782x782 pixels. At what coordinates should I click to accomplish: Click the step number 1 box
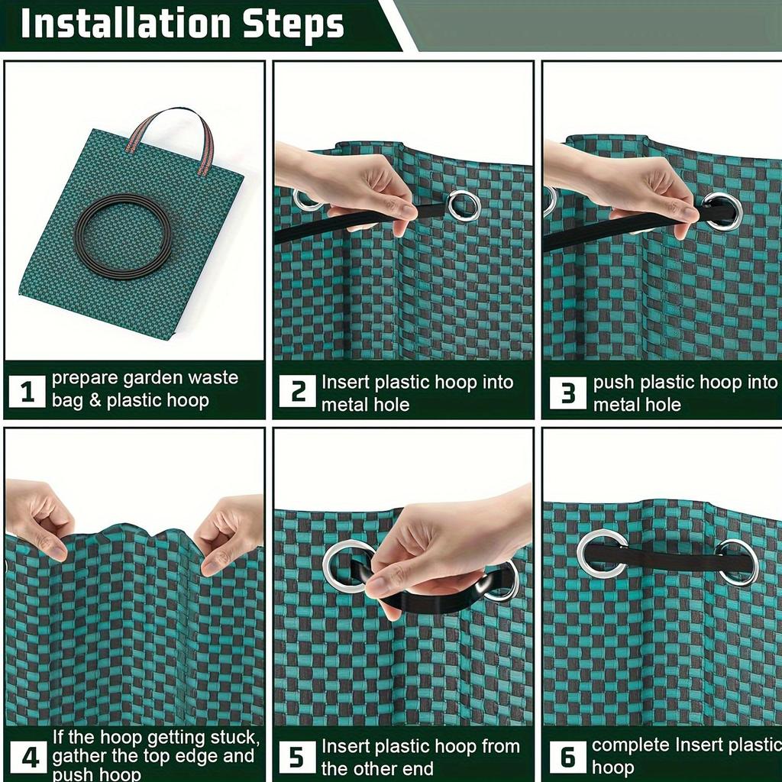tap(27, 393)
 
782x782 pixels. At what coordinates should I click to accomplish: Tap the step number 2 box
tap(297, 393)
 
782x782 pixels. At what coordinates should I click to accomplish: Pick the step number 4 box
tap(28, 757)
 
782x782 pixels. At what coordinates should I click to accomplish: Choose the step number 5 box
tap(297, 757)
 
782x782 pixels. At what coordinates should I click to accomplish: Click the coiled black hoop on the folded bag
tap(122, 236)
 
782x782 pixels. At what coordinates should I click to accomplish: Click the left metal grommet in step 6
tap(602, 554)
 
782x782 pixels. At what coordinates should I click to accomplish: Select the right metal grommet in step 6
tap(737, 563)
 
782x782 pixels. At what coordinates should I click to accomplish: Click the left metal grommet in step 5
tap(348, 566)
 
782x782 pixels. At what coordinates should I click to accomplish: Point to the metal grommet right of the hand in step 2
tap(464, 205)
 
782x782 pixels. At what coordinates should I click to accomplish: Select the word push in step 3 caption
tap(614, 383)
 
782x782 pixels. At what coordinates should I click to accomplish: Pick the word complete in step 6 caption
tap(631, 745)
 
